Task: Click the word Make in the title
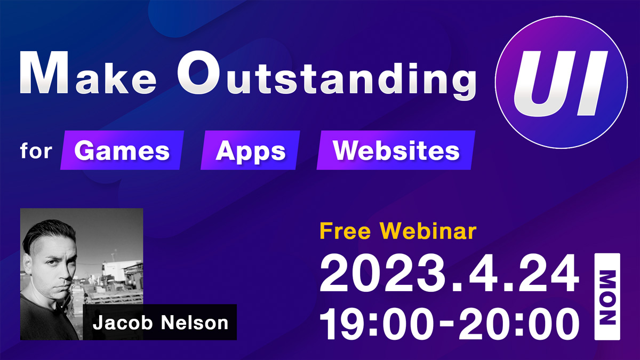click(x=88, y=73)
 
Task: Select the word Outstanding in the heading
click(x=327, y=75)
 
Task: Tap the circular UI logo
click(x=561, y=82)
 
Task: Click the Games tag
click(x=122, y=150)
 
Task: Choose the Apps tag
click(x=250, y=150)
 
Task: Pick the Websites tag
click(x=396, y=150)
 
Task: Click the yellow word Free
click(x=345, y=231)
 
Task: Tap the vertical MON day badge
click(x=607, y=297)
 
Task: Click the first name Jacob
click(x=123, y=323)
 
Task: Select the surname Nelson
click(x=195, y=323)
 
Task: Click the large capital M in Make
click(x=44, y=73)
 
